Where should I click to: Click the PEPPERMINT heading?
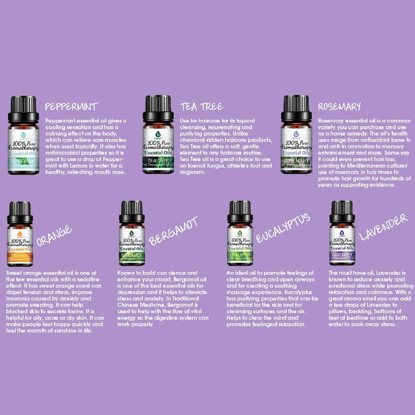point(71,107)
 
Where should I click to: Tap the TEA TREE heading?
point(202,107)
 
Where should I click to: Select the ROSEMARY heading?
point(339,107)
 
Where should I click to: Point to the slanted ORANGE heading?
point(54,236)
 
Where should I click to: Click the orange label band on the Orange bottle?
point(20,256)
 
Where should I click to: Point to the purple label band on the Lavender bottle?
point(342,255)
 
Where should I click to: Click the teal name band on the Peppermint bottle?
point(23,161)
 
